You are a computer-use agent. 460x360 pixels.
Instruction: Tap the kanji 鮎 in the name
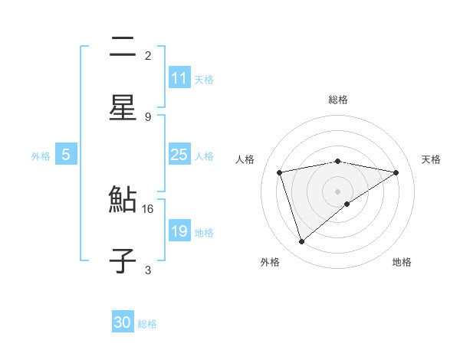(x=123, y=201)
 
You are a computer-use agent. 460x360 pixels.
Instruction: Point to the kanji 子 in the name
(x=123, y=261)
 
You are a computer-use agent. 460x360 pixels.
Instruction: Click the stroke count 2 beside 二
(x=148, y=56)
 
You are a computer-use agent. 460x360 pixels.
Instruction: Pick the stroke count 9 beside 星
(x=148, y=116)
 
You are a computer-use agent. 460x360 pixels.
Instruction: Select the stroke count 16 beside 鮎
(x=148, y=208)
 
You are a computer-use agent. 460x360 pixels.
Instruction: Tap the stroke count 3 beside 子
(x=148, y=270)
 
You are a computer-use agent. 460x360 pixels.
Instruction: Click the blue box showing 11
(x=179, y=78)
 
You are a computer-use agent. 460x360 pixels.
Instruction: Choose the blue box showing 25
(x=179, y=155)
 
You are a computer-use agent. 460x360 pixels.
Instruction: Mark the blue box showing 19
(x=179, y=231)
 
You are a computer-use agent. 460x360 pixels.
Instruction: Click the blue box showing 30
(x=123, y=322)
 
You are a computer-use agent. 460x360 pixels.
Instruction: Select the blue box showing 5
(x=66, y=155)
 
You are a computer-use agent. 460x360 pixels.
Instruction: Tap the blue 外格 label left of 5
(x=41, y=155)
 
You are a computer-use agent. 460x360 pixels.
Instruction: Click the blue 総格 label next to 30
(x=147, y=323)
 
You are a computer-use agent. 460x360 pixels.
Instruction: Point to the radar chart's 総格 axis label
(x=337, y=100)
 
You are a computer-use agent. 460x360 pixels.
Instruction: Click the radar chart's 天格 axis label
(x=431, y=159)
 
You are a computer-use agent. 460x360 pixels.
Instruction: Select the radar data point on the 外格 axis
(x=301, y=242)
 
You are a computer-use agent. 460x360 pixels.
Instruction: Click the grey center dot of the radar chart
(x=337, y=191)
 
